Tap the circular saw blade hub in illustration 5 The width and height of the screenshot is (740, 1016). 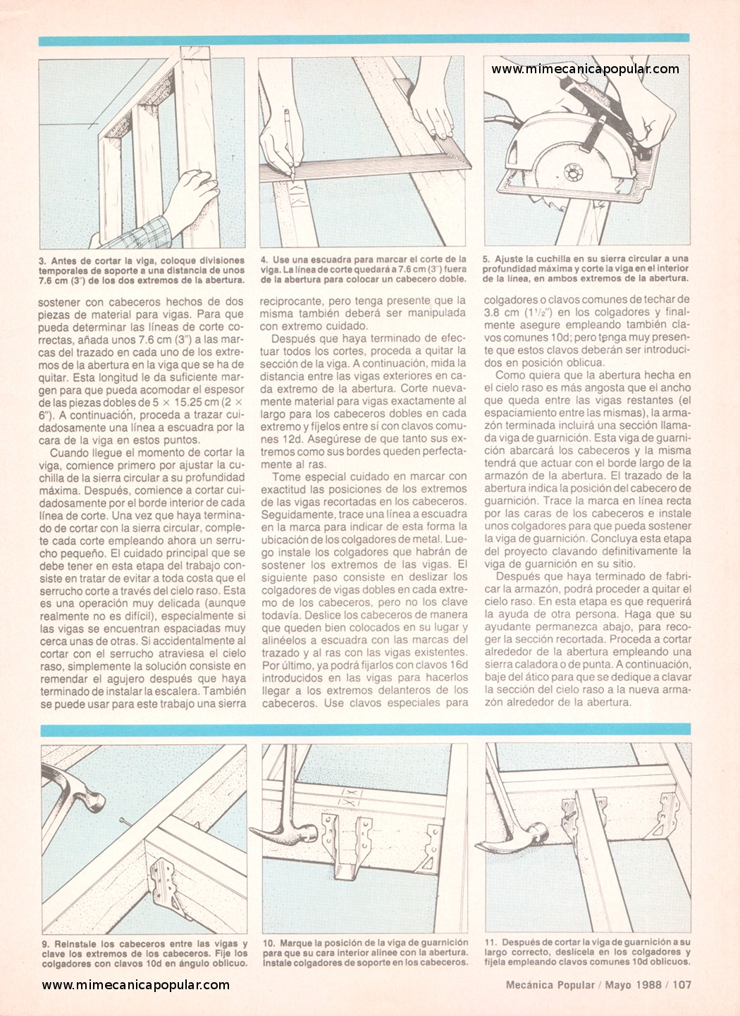click(574, 173)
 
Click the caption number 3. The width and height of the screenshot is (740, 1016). click(42, 261)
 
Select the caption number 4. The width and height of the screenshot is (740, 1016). click(264, 259)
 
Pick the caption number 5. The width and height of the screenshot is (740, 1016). click(486, 259)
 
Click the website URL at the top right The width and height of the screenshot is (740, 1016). click(585, 70)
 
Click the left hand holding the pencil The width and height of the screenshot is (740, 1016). click(278, 146)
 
